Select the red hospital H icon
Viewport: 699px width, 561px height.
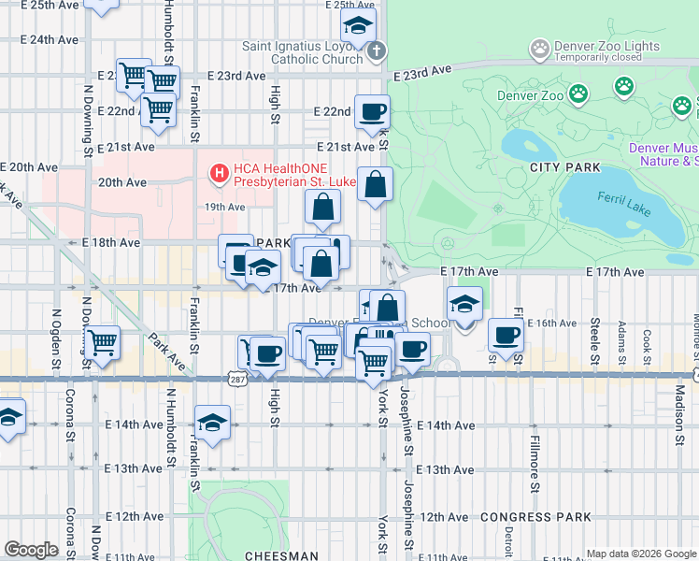coord(219,173)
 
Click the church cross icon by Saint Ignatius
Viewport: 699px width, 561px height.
coord(375,50)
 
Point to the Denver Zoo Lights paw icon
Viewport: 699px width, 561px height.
coord(539,47)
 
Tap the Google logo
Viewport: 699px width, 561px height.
coord(31,550)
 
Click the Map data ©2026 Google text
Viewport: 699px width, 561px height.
coord(640,554)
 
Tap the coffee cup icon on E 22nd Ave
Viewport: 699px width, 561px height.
coord(372,111)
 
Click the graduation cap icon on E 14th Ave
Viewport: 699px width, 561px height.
coord(212,422)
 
